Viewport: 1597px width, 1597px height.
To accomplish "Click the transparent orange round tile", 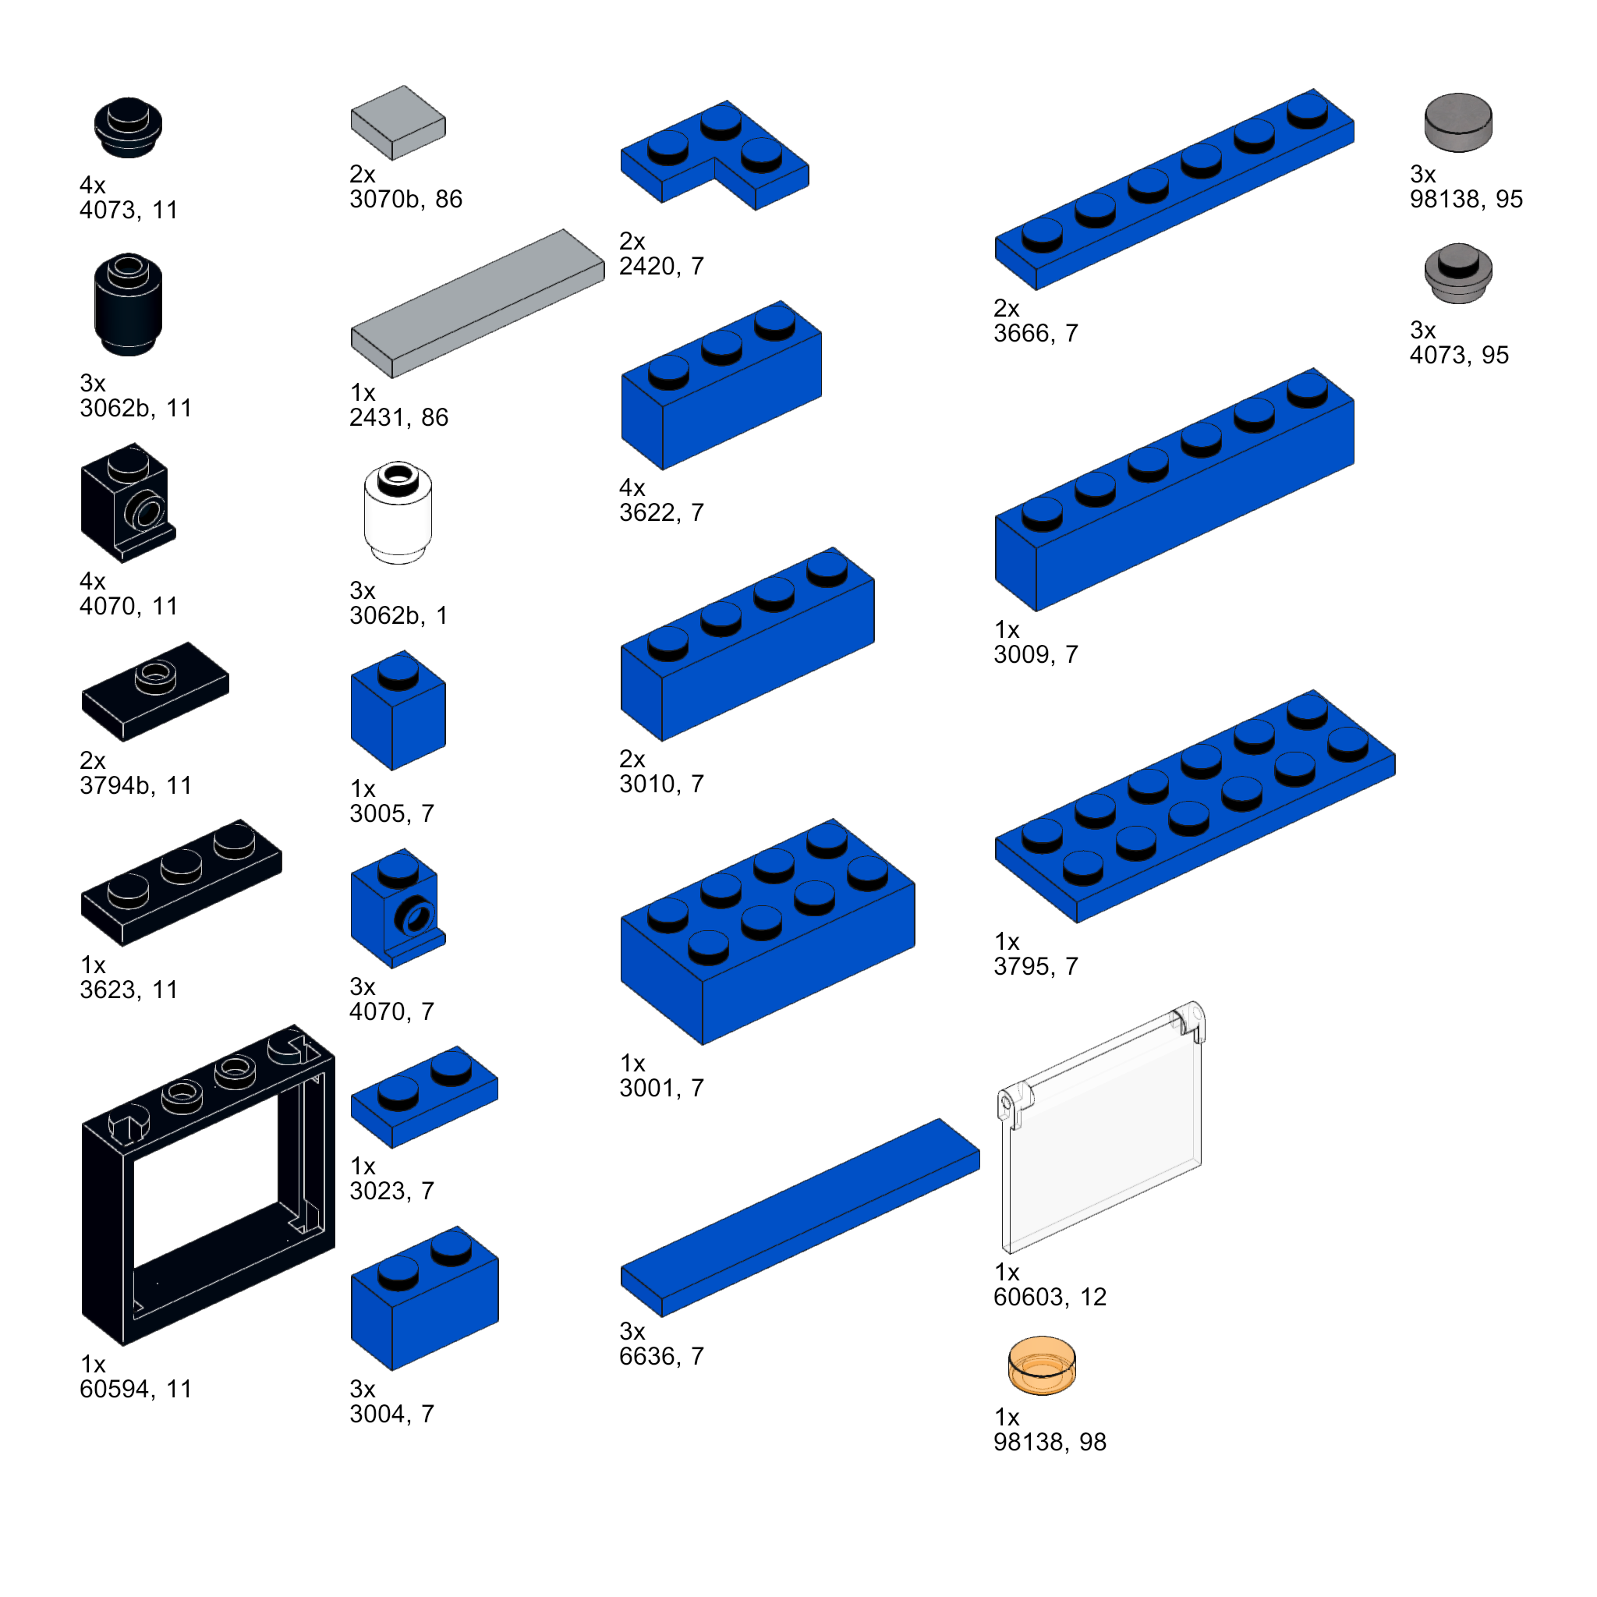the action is pos(1042,1365).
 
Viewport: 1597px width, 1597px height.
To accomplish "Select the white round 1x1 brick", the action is pos(398,512).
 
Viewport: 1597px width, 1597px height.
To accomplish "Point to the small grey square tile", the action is pos(398,122).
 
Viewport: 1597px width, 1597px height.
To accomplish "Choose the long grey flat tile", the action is pos(477,303).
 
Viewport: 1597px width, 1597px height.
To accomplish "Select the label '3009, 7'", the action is pos(1036,655).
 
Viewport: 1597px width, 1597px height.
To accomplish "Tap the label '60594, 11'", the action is pos(136,1389).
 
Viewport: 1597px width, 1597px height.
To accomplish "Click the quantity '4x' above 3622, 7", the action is pos(632,487).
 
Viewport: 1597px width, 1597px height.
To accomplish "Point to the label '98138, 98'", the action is pos(1050,1442).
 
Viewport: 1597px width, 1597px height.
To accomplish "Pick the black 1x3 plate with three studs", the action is pos(181,882).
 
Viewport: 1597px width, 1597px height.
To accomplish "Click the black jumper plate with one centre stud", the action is pos(154,691).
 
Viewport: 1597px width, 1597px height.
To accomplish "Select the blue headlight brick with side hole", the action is pos(398,908).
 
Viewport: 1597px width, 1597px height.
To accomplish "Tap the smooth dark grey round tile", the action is pos(1458,122).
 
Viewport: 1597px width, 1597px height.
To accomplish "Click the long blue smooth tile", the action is pos(800,1217).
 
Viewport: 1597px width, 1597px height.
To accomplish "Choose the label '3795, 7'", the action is pos(1036,966).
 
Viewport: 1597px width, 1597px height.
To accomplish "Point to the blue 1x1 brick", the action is pos(398,710).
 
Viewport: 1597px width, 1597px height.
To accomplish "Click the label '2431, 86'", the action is pos(398,417).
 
